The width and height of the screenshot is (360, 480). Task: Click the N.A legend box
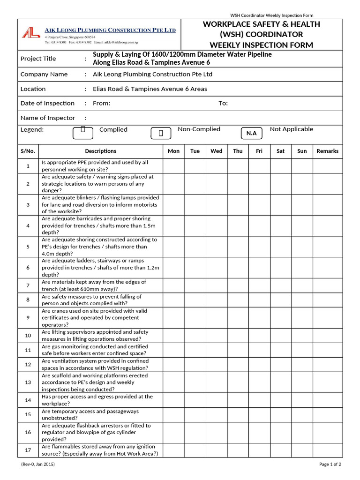pos(252,134)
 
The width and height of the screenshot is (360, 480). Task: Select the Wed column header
pos(217,151)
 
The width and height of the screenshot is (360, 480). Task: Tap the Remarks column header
pos(327,151)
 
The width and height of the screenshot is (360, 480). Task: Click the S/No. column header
pos(28,151)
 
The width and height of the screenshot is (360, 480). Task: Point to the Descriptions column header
pos(100,151)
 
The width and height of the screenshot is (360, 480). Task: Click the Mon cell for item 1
pos(173,166)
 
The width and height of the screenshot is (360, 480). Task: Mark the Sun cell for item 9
pos(302,318)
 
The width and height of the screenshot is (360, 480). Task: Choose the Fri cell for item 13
pos(259,382)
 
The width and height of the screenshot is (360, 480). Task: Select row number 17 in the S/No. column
pos(28,450)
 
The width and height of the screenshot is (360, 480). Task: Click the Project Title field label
pos(38,59)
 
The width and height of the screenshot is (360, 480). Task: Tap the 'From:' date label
pos(102,103)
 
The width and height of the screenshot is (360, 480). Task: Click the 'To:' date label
pos(223,103)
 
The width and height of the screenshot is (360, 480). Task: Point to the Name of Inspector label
pos(48,118)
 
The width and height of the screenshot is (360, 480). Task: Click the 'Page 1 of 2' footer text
pos(330,465)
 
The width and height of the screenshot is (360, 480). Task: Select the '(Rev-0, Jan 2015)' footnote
pos(38,465)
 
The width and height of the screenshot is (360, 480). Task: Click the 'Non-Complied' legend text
pos(199,129)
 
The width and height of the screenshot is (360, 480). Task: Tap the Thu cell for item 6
pos(238,268)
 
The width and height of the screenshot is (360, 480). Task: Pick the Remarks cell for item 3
pos(327,204)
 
